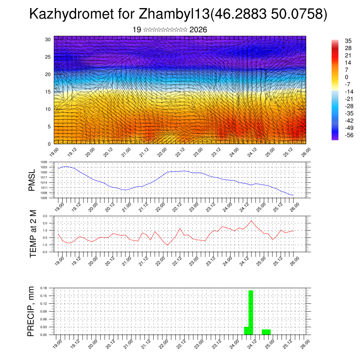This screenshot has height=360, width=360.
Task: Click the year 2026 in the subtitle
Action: [x=198, y=30]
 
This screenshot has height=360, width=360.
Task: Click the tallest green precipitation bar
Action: [x=251, y=312]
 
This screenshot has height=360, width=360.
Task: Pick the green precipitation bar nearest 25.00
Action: [x=266, y=332]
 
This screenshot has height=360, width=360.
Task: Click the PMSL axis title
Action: [x=32, y=180]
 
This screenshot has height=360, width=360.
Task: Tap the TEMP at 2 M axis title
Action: [x=33, y=233]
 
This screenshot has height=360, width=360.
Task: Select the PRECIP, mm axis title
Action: [x=32, y=311]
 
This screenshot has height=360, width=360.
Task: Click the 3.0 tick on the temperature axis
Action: [x=45, y=216]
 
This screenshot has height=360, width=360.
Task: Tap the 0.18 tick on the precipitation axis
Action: [x=44, y=288]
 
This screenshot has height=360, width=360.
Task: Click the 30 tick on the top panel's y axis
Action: [x=47, y=39]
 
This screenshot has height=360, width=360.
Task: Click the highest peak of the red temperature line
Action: [x=251, y=221]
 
